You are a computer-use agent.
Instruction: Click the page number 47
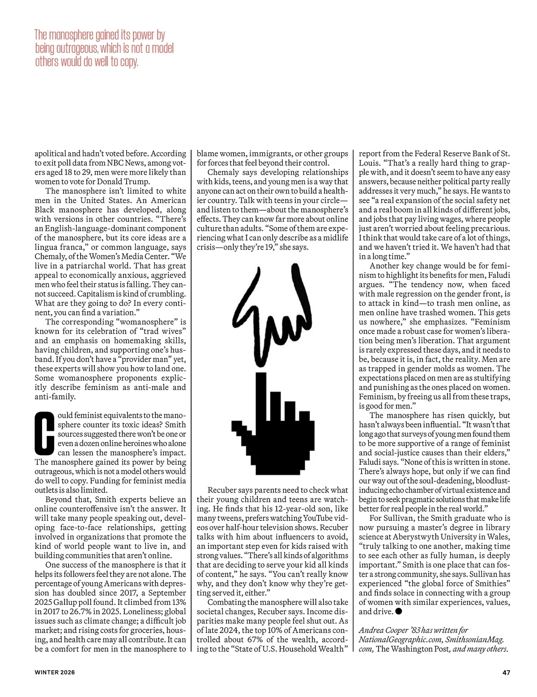[x=506, y=672]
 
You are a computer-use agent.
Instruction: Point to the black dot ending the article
[x=399, y=611]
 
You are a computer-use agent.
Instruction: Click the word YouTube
[x=318, y=518]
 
